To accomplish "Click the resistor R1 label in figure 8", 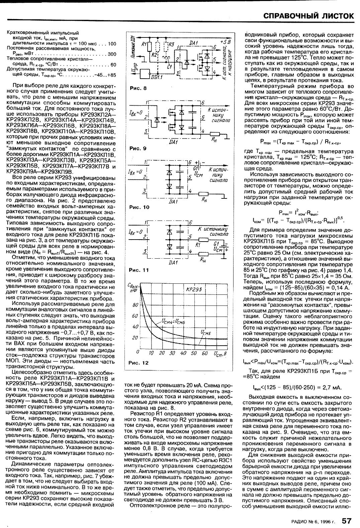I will [x=144, y=44].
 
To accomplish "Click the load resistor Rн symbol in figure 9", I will [x=212, y=135].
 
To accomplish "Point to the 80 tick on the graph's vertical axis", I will [x=135, y=305].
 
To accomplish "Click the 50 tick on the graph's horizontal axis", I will [x=194, y=353].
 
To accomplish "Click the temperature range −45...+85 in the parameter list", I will [x=105, y=75].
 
